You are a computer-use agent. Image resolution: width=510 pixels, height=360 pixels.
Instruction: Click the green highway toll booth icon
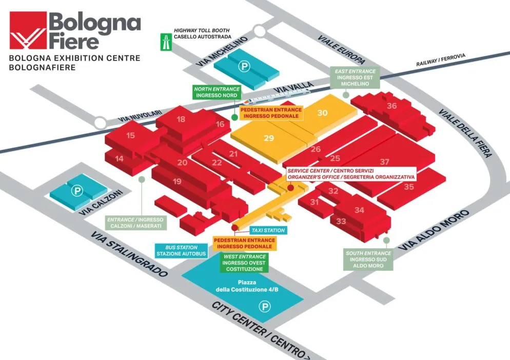click(x=166, y=42)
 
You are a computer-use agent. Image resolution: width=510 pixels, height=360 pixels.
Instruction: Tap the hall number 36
click(x=391, y=106)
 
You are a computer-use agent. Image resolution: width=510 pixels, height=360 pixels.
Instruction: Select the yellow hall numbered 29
click(x=269, y=138)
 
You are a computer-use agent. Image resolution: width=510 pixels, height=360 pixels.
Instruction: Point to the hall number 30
click(x=322, y=113)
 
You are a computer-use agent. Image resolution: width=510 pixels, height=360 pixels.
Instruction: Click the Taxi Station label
click(x=268, y=231)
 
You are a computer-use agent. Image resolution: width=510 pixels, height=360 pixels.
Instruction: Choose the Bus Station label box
click(x=181, y=251)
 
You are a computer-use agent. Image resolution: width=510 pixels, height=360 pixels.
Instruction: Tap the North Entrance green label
click(x=217, y=92)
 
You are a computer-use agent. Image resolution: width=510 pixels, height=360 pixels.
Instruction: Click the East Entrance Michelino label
click(x=355, y=77)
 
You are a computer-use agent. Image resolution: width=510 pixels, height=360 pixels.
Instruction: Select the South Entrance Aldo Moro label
click(x=368, y=259)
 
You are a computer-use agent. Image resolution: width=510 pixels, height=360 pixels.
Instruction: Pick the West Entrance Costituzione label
click(x=244, y=263)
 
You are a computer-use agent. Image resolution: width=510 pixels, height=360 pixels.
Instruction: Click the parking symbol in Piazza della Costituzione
click(x=265, y=306)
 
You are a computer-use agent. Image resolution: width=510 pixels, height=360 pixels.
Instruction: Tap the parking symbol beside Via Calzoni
click(x=77, y=191)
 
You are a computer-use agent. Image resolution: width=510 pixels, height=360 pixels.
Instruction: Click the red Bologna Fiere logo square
click(x=28, y=30)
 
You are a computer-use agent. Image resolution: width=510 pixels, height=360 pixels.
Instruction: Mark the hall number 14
click(x=120, y=158)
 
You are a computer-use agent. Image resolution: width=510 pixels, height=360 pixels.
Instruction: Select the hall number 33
click(x=341, y=222)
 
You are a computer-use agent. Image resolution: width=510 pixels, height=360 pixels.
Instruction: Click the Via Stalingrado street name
click(x=129, y=254)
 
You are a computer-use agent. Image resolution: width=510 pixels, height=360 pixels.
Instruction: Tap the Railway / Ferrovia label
click(x=441, y=60)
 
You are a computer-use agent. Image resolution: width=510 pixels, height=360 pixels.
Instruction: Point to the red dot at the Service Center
click(x=291, y=188)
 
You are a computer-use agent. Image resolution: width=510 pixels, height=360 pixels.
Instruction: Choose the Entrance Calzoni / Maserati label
click(x=136, y=223)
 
